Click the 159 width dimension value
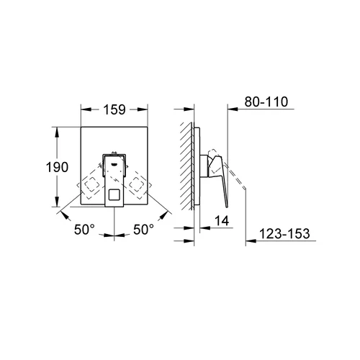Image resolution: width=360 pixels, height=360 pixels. pos(114,109)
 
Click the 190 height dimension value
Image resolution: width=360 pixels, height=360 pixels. pos(57,167)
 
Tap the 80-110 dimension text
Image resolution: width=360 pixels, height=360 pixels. pos(266,102)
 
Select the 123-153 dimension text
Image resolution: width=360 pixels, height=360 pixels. pos(284,233)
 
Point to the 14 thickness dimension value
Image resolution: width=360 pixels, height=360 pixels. pos(222,220)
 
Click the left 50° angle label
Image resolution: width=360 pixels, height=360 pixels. pos(84,230)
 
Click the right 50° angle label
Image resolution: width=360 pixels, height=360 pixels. pos(143,230)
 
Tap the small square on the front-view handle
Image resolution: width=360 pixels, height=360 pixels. pos(114,194)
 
